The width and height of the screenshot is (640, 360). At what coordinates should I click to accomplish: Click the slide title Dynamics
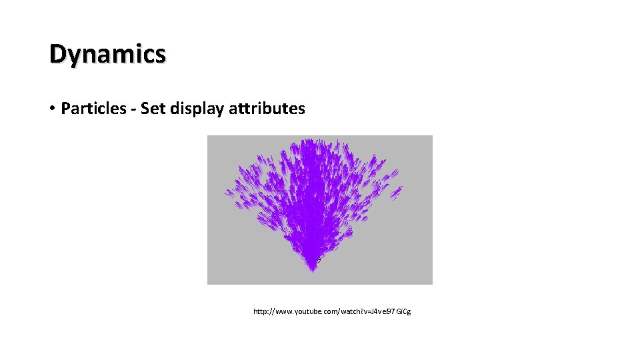tap(107, 54)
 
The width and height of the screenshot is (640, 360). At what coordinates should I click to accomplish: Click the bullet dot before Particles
tap(52, 109)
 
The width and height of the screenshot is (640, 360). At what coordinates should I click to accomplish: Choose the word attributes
tap(267, 108)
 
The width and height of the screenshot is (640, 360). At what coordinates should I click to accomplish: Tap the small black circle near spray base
tap(318, 260)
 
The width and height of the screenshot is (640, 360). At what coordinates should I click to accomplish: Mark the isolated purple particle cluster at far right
tap(396, 193)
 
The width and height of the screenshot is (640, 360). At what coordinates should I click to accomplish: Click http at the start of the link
tap(261, 311)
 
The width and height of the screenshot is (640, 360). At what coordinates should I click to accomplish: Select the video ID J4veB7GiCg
tap(396, 311)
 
